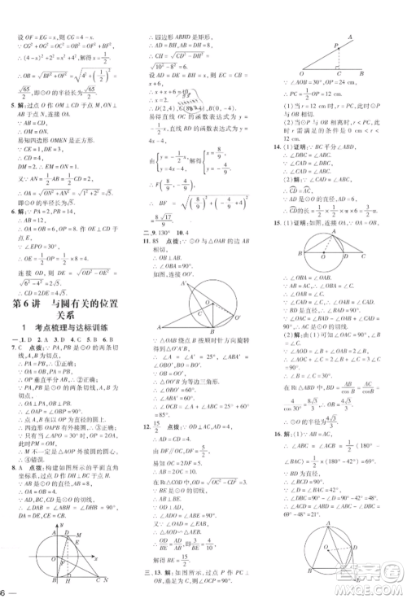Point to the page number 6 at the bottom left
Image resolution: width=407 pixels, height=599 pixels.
(5, 590)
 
